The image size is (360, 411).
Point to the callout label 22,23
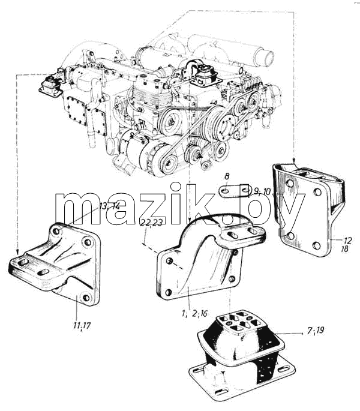click(152, 223)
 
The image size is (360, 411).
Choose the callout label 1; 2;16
click(195, 313)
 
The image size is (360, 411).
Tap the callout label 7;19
click(316, 331)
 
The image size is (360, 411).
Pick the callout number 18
click(344, 248)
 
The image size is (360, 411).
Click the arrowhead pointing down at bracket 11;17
click(17, 253)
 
